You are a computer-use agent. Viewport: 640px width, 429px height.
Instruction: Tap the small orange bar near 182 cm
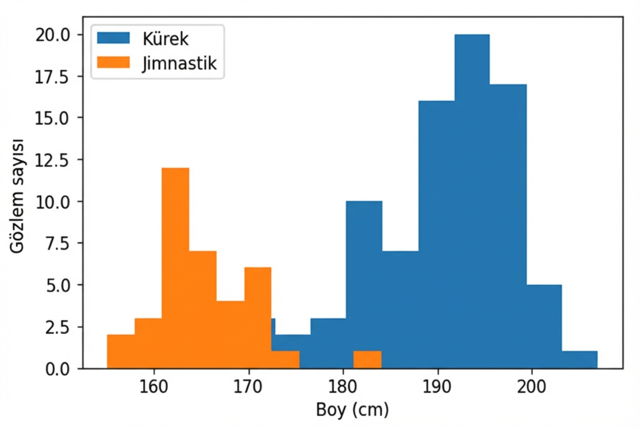click(367, 360)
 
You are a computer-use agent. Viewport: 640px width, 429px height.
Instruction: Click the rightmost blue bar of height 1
click(579, 360)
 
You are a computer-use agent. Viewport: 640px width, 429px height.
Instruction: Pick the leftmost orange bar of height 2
click(121, 352)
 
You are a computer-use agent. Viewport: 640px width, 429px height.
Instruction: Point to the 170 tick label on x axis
click(248, 387)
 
